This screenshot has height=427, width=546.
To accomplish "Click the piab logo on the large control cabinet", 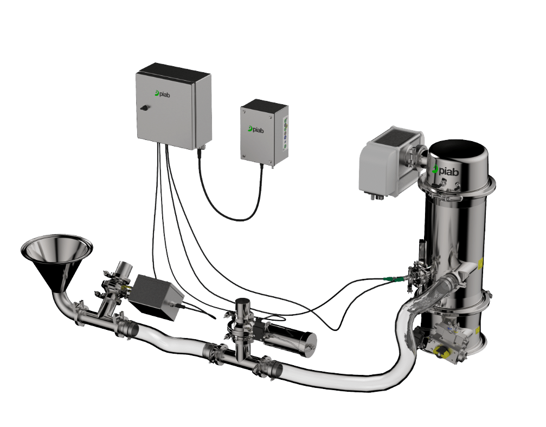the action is [x=162, y=93].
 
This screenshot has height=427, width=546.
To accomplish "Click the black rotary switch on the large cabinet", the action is [x=143, y=107].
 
